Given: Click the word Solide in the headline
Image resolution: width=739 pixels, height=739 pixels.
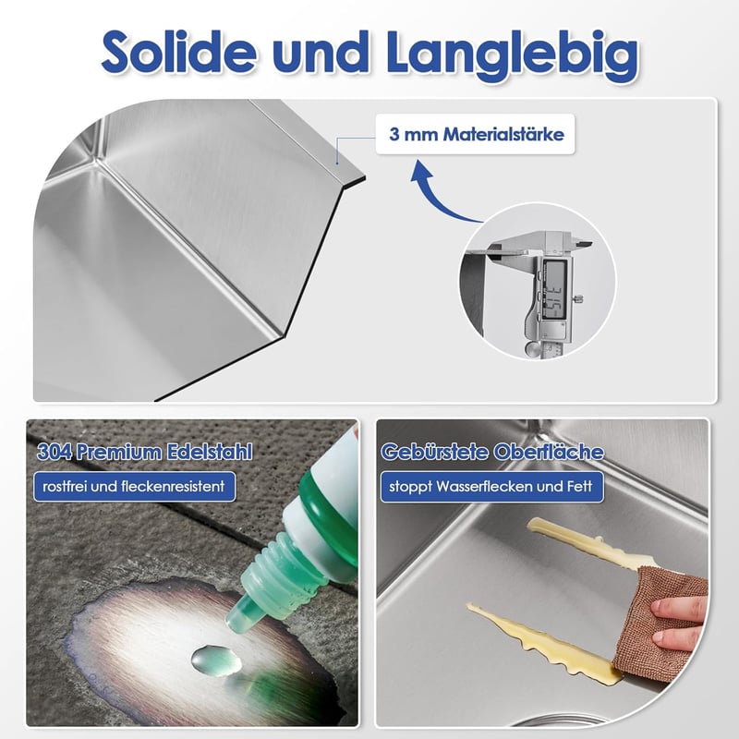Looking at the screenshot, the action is [x=178, y=52].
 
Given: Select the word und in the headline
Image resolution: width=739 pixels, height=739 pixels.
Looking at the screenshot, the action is [x=321, y=52].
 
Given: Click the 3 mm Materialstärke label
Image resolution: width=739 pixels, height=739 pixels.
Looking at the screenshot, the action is [x=475, y=134].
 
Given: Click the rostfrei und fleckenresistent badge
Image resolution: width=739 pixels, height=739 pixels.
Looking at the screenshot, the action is [x=134, y=487].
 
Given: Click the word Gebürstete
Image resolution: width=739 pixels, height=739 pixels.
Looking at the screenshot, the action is [x=433, y=453].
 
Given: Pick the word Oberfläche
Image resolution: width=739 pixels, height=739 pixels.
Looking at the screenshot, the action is [x=548, y=452].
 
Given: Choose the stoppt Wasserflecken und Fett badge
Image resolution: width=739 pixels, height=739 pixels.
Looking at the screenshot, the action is [x=491, y=487].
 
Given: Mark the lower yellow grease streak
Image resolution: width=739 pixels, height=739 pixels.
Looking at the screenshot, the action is [x=542, y=641].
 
